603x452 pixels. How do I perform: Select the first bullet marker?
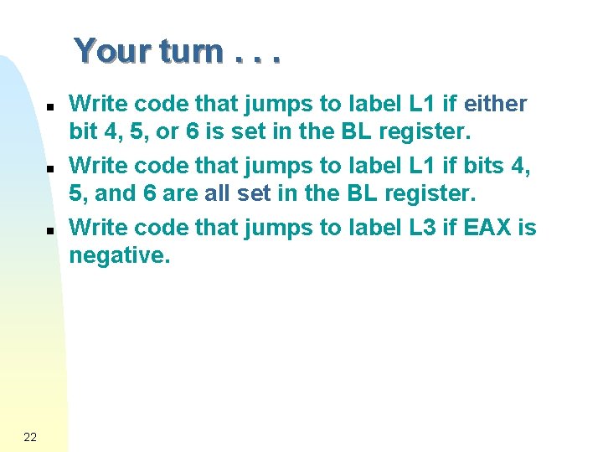[49, 107]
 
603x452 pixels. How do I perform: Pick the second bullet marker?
[49, 168]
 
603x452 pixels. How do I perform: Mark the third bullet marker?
[49, 229]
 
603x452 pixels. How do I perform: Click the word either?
[495, 104]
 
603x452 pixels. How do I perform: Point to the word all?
[218, 193]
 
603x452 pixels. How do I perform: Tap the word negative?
[120, 255]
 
